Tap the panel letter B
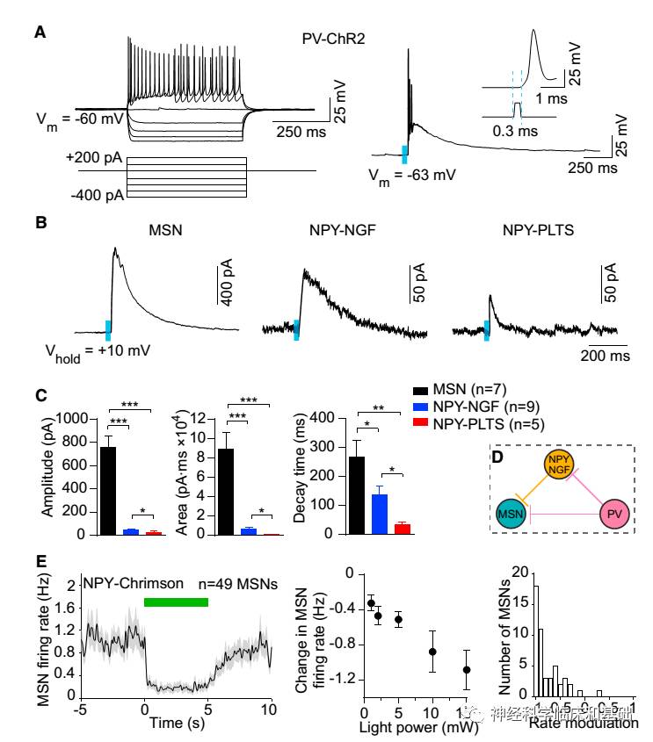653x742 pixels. pyautogui.click(x=40, y=224)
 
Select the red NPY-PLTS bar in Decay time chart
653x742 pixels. pyautogui.click(x=403, y=529)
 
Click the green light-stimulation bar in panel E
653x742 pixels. pyautogui.click(x=176, y=602)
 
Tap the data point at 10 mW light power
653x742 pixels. pyautogui.click(x=432, y=651)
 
